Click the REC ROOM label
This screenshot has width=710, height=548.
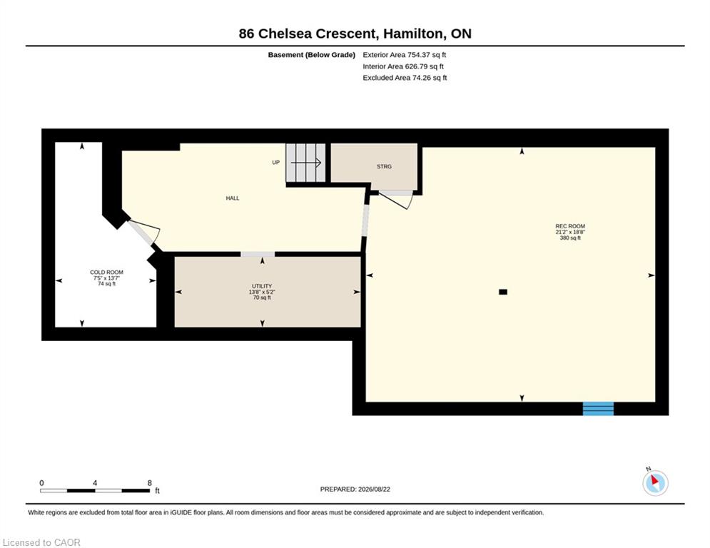tap(570, 226)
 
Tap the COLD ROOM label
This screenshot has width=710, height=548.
tap(106, 272)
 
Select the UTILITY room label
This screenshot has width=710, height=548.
tap(262, 286)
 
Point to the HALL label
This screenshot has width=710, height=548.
tap(233, 198)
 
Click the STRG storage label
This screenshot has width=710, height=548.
tap(384, 167)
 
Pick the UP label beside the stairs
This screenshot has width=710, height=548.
tap(275, 162)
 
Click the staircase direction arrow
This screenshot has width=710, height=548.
tap(306, 162)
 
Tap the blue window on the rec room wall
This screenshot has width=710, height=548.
tap(598, 409)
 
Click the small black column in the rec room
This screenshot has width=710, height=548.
tap(503, 292)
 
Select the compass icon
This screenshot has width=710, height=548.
tap(655, 483)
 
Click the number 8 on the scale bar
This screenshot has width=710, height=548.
tap(149, 483)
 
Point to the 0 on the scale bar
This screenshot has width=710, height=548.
tap(41, 483)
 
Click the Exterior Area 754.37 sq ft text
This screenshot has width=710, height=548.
tap(405, 55)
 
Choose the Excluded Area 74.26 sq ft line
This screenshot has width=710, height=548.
tap(405, 78)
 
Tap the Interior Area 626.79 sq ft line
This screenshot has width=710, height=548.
tap(403, 66)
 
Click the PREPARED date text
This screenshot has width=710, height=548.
tap(355, 489)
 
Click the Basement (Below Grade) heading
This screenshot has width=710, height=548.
tap(312, 55)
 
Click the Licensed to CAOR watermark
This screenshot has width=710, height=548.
tap(41, 542)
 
